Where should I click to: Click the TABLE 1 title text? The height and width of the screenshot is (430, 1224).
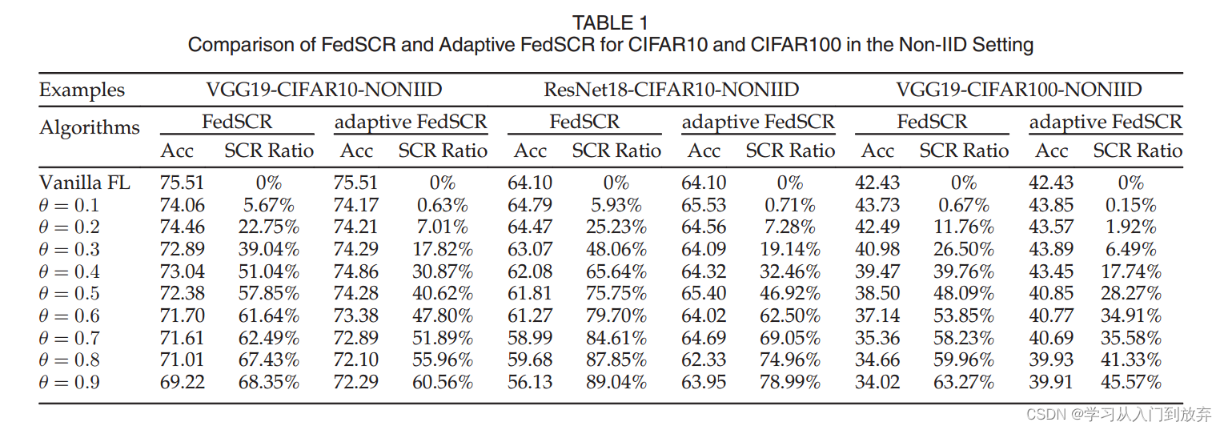[x=611, y=22]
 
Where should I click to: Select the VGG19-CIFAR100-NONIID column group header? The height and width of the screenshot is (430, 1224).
[x=1018, y=89]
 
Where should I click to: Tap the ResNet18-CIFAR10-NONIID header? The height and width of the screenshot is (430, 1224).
[x=671, y=89]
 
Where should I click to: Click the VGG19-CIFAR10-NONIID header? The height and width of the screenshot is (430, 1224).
[x=323, y=89]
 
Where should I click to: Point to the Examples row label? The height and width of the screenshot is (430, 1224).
[x=82, y=90]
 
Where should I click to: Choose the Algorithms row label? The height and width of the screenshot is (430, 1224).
[x=89, y=128]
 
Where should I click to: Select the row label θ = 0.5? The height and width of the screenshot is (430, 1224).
[x=70, y=293]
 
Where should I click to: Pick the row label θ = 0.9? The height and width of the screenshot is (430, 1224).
[x=70, y=382]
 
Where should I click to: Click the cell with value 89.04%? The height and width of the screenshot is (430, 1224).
[x=616, y=382]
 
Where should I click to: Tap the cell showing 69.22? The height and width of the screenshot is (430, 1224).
[x=182, y=382]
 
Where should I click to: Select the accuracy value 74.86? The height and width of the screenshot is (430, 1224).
[x=355, y=271]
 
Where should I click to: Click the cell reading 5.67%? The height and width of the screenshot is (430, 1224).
[x=268, y=205]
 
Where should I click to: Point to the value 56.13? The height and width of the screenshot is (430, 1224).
[x=530, y=382]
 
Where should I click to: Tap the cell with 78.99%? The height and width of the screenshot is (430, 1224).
[x=790, y=382]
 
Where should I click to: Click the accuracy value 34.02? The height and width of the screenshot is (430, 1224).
[x=877, y=382]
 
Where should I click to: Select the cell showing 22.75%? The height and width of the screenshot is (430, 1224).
[x=268, y=227]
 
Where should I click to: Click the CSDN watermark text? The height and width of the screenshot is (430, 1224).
[x=1118, y=414]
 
